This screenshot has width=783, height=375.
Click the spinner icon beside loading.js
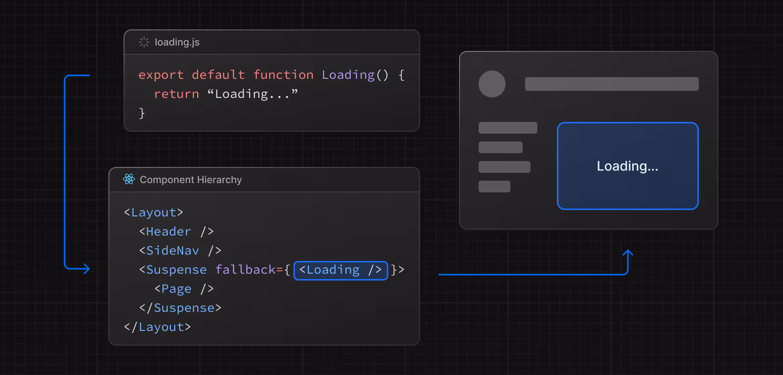click(144, 42)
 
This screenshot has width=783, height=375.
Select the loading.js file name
click(177, 42)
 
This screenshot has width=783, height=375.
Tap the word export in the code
click(161, 75)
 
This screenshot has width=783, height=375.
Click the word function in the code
click(283, 75)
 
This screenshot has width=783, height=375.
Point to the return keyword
click(177, 94)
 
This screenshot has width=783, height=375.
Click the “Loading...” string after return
click(253, 94)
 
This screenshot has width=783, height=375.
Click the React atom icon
click(129, 179)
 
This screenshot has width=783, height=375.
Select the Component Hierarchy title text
click(191, 180)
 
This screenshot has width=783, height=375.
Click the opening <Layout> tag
click(154, 212)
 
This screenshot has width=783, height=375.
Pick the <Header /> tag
click(177, 232)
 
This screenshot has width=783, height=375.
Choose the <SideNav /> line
click(181, 251)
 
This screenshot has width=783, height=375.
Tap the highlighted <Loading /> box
click(341, 270)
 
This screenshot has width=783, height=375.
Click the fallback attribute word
click(245, 270)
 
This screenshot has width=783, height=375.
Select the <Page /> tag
click(184, 289)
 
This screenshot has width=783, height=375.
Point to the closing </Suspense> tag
click(181, 308)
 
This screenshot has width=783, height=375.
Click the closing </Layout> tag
click(158, 327)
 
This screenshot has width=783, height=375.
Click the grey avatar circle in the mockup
click(492, 84)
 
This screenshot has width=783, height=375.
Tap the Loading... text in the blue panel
click(627, 166)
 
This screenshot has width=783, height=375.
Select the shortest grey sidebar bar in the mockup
click(494, 187)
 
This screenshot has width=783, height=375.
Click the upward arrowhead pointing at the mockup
click(628, 253)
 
